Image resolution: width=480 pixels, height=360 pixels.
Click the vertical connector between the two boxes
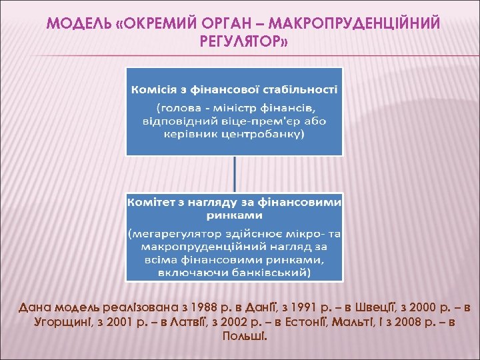pyautogui.click(x=234, y=173)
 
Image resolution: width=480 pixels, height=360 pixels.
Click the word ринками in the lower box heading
pyautogui.click(x=234, y=215)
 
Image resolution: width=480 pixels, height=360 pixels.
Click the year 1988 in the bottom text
pyautogui.click(x=204, y=308)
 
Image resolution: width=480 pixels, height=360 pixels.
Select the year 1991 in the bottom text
pyautogui.click(x=297, y=308)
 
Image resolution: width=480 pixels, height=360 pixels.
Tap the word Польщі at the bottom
pyautogui.click(x=241, y=336)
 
